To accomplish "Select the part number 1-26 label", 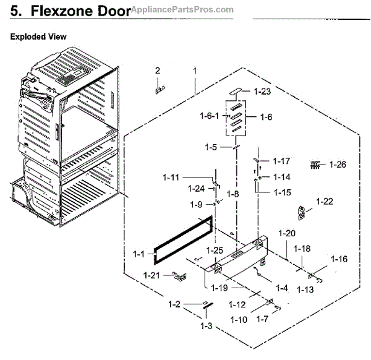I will [338, 165].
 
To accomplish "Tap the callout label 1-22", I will [325, 202].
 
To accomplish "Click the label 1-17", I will [280, 161].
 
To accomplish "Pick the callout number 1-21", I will [153, 275].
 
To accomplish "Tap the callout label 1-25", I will [215, 250].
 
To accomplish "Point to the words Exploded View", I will [38, 37].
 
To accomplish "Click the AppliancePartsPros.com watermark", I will [181, 9].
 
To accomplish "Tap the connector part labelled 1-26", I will [317, 165].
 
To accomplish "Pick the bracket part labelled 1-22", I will [303, 212].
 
